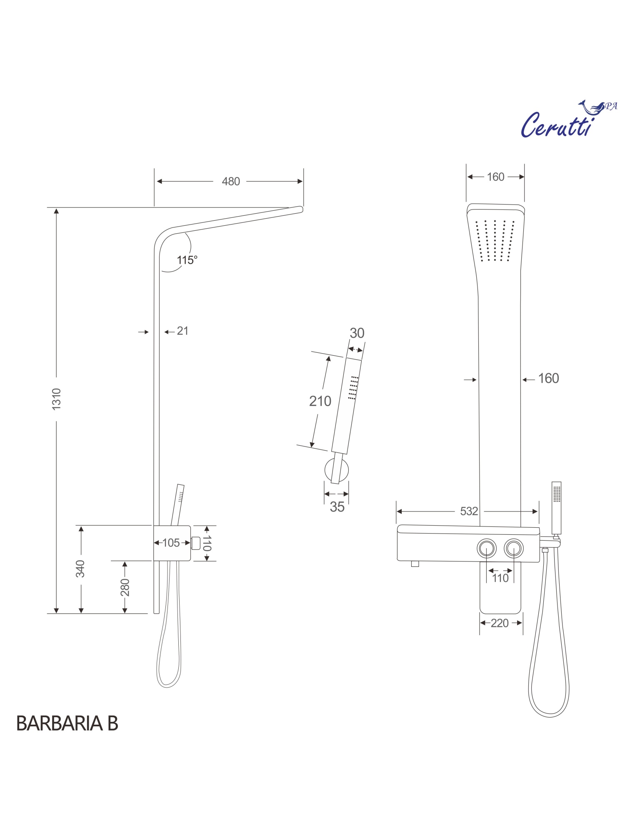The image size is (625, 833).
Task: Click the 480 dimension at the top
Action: (x=230, y=182)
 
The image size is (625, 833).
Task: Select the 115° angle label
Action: (x=187, y=260)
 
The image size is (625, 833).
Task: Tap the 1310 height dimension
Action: (x=57, y=399)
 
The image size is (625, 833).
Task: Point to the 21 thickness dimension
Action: (x=182, y=331)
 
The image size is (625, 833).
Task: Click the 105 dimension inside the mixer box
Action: (x=171, y=543)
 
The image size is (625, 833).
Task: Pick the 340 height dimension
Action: (x=80, y=569)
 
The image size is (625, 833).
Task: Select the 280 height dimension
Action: (x=125, y=587)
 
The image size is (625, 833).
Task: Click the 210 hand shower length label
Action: (x=320, y=401)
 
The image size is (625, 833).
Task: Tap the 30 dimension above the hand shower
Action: (x=357, y=333)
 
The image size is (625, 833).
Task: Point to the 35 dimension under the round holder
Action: (x=337, y=507)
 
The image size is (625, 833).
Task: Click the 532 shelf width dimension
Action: (x=469, y=511)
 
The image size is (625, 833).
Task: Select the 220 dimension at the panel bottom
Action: (x=500, y=623)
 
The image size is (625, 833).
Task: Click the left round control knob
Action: (x=487, y=549)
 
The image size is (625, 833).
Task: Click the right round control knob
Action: (x=513, y=549)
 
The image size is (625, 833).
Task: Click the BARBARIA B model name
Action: (x=67, y=724)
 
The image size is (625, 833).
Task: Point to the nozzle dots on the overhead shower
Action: (x=495, y=241)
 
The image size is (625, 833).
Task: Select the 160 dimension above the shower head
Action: (x=495, y=177)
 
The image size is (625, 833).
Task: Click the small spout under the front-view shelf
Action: (x=415, y=564)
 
